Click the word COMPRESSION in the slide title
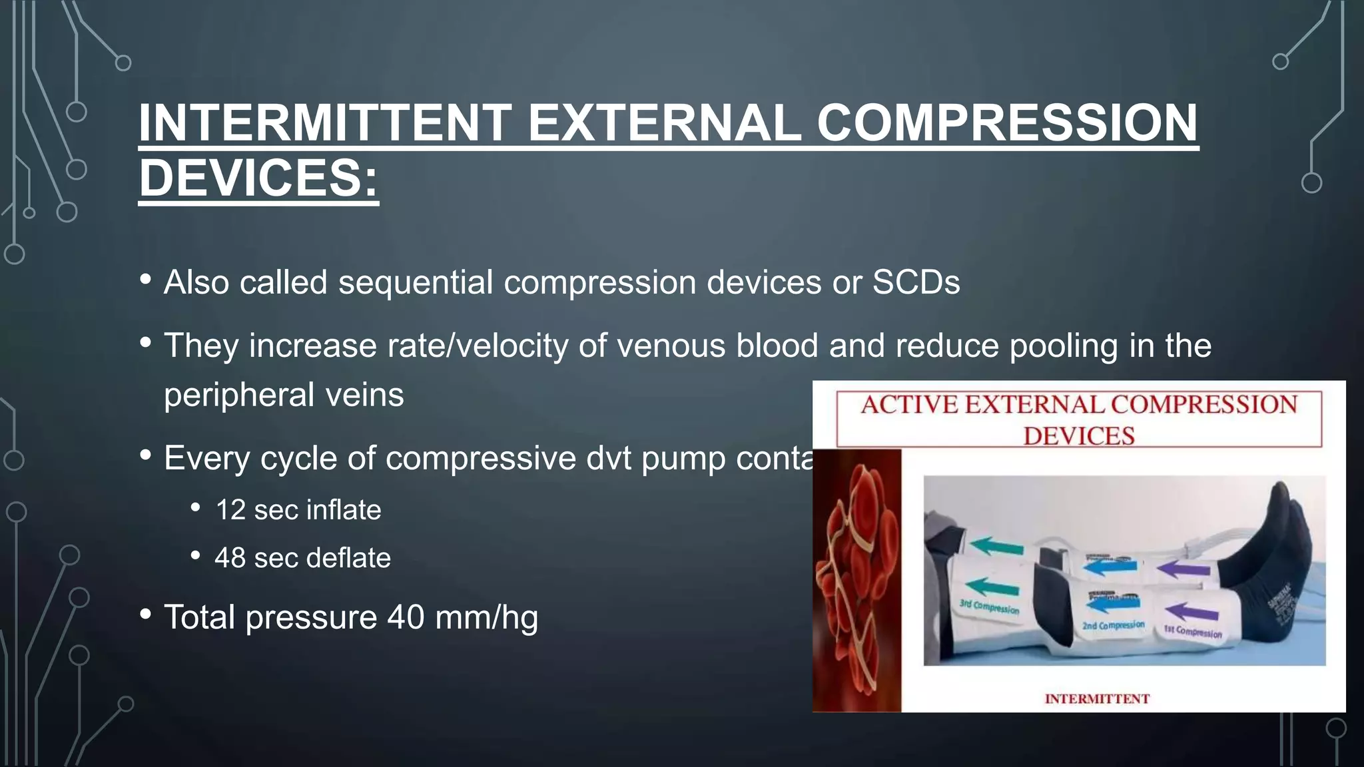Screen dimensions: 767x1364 pos(1007,123)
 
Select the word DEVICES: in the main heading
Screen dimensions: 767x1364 pos(258,178)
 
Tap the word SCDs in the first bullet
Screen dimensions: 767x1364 pos(916,282)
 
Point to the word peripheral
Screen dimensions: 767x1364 pos(238,395)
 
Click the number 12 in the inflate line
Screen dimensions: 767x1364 pos(230,510)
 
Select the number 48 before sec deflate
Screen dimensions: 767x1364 pos(230,558)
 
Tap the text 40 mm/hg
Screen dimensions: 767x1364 pos(462,617)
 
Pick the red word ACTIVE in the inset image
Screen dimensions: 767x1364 pos(909,405)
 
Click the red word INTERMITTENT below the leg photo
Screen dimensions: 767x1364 pos(1096,698)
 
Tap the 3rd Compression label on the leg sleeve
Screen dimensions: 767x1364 pos(989,606)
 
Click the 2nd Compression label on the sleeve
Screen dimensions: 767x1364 pos(1113,626)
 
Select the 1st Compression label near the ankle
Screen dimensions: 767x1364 pos(1192,631)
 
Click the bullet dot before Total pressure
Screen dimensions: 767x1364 pos(146,615)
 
